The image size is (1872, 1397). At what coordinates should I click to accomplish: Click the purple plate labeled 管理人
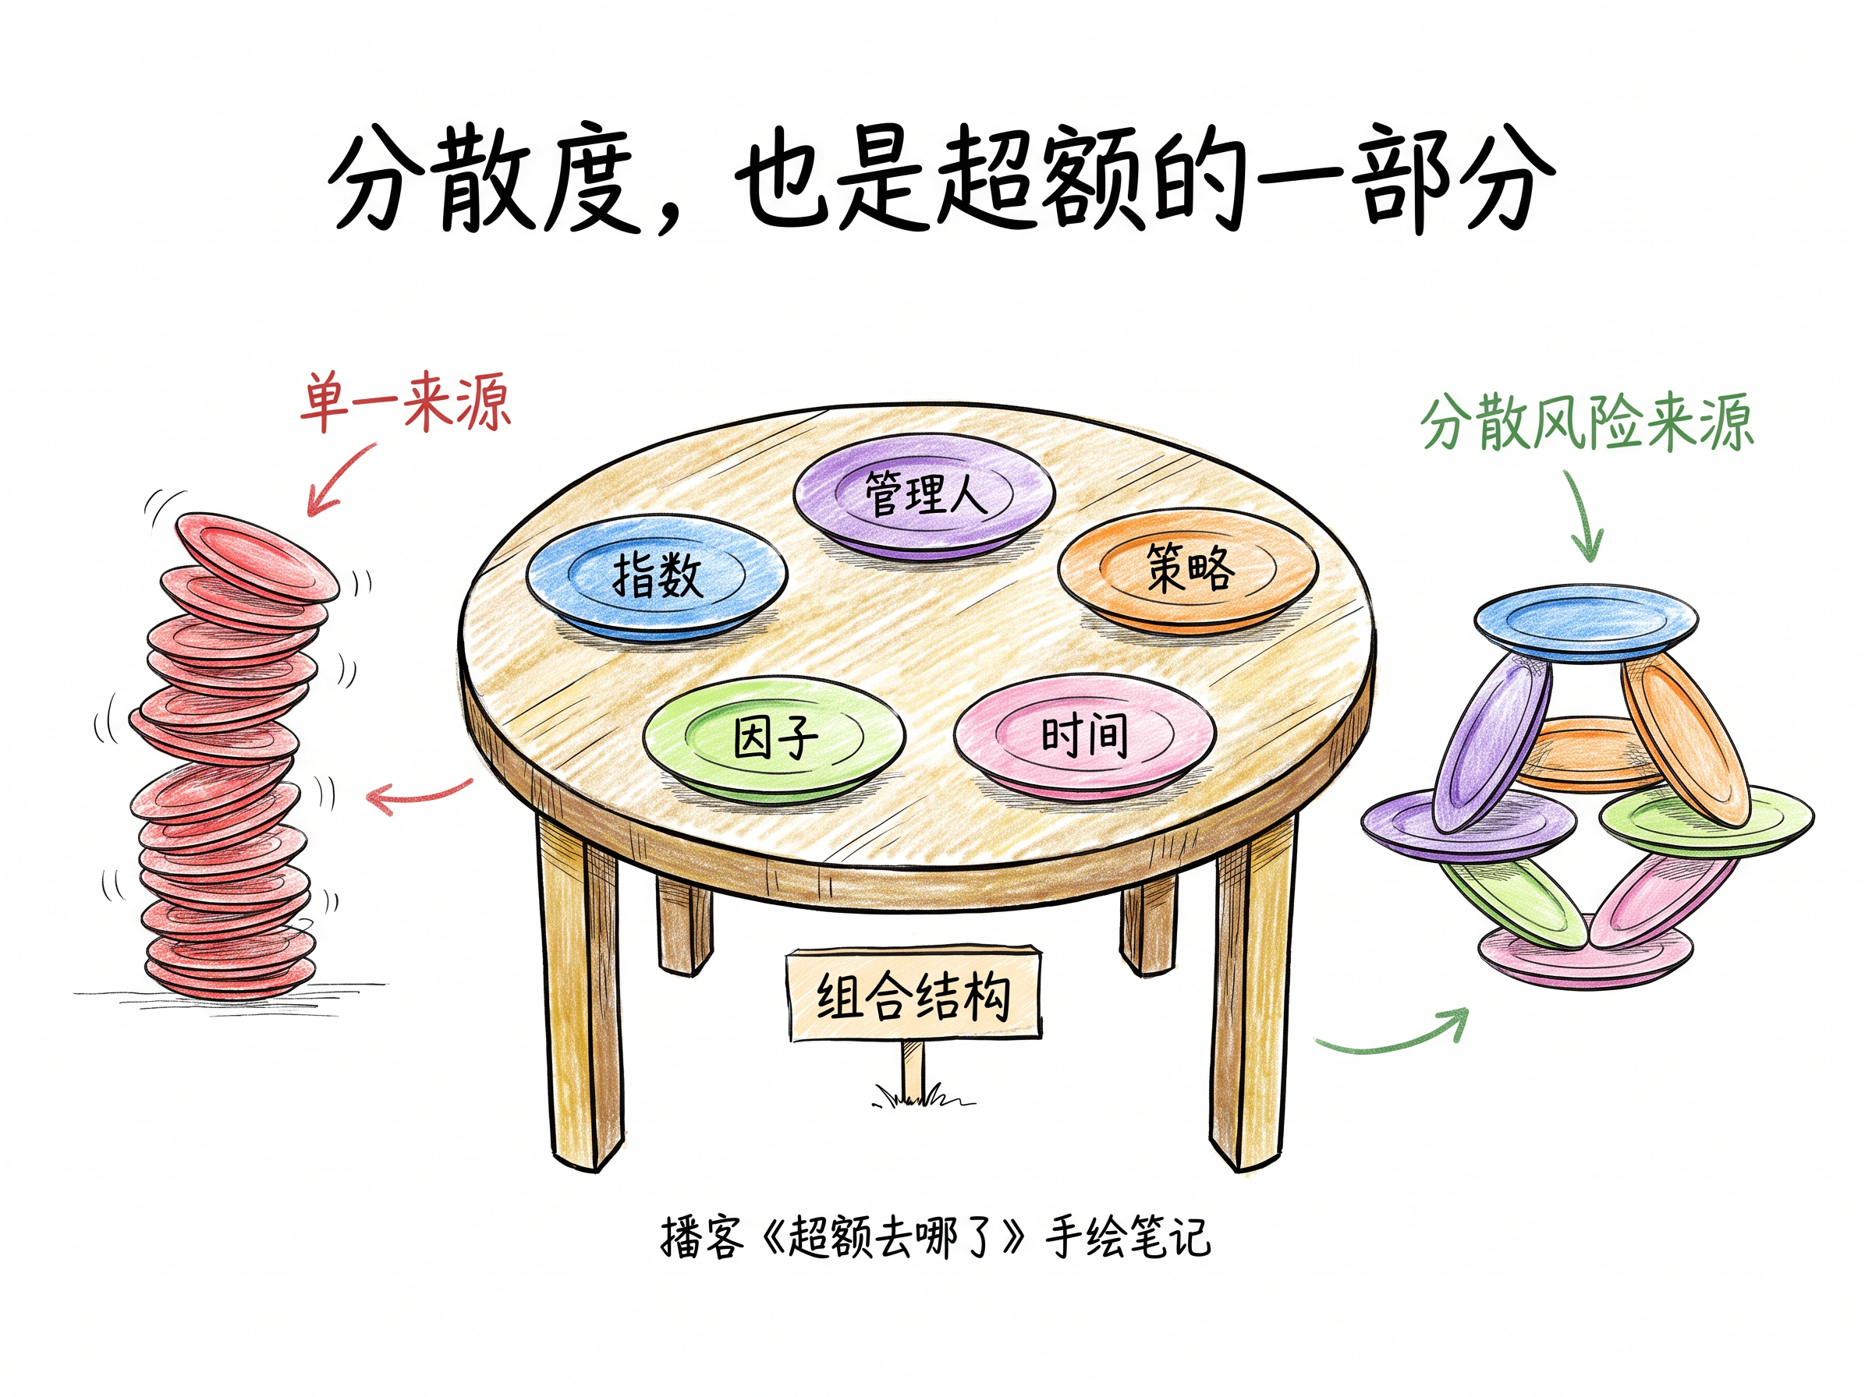click(924, 497)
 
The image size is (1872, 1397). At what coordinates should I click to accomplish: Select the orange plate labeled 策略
click(1189, 570)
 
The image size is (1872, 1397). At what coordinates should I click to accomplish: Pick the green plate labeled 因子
click(774, 739)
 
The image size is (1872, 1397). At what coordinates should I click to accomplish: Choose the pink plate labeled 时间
click(1084, 736)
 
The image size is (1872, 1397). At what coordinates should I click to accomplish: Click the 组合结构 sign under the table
click(913, 995)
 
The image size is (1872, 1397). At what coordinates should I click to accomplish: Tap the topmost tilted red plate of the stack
click(257, 557)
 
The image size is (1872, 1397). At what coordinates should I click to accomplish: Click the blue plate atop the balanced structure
click(1585, 624)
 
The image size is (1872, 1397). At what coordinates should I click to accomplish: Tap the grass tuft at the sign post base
click(922, 1097)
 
